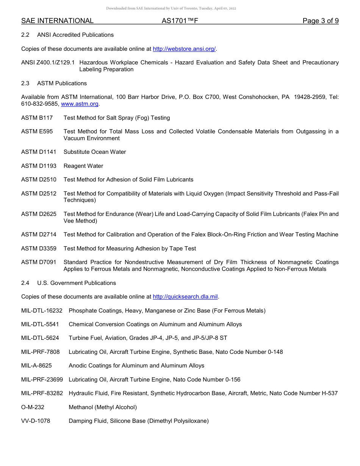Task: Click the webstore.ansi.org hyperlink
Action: tap(184, 49)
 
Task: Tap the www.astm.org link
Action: tap(80, 104)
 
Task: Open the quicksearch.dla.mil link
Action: tap(185, 297)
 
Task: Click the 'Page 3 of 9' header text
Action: tap(320, 21)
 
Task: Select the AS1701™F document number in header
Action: tap(180, 21)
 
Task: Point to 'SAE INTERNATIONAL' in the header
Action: tap(57, 21)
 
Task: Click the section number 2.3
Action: tap(25, 83)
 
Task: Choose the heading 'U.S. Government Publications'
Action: tap(77, 283)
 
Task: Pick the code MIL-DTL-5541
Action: tap(40, 324)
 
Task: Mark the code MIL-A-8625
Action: tap(36, 366)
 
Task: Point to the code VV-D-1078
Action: tap(36, 421)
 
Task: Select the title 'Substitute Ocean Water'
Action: tap(95, 152)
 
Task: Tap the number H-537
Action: tap(329, 393)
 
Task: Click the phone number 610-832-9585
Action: tap(40, 104)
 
